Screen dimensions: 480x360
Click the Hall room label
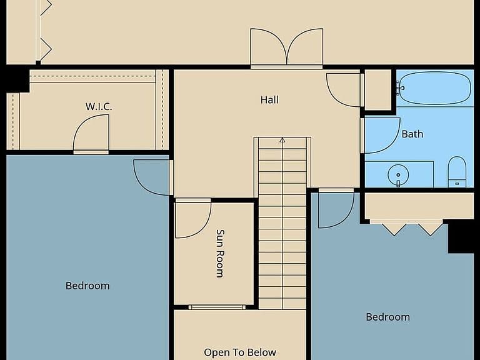[x=269, y=100]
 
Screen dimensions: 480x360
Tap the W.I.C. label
[x=99, y=106]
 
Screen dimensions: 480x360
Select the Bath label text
[x=412, y=134]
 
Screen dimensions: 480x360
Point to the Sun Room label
[x=220, y=254]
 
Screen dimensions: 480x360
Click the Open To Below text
[x=240, y=352]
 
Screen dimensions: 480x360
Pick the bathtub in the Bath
[x=435, y=88]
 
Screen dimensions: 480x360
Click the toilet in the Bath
[x=457, y=171]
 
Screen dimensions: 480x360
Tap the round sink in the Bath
[x=398, y=175]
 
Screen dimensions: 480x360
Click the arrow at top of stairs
[x=282, y=140]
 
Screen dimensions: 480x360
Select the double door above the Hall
[x=286, y=47]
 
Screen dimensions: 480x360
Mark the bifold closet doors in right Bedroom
[x=412, y=227]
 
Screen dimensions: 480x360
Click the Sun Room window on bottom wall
[x=217, y=307]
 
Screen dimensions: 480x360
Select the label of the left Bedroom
[x=87, y=286]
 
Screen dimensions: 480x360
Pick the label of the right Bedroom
[x=388, y=317]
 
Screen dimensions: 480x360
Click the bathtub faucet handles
[x=400, y=88]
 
